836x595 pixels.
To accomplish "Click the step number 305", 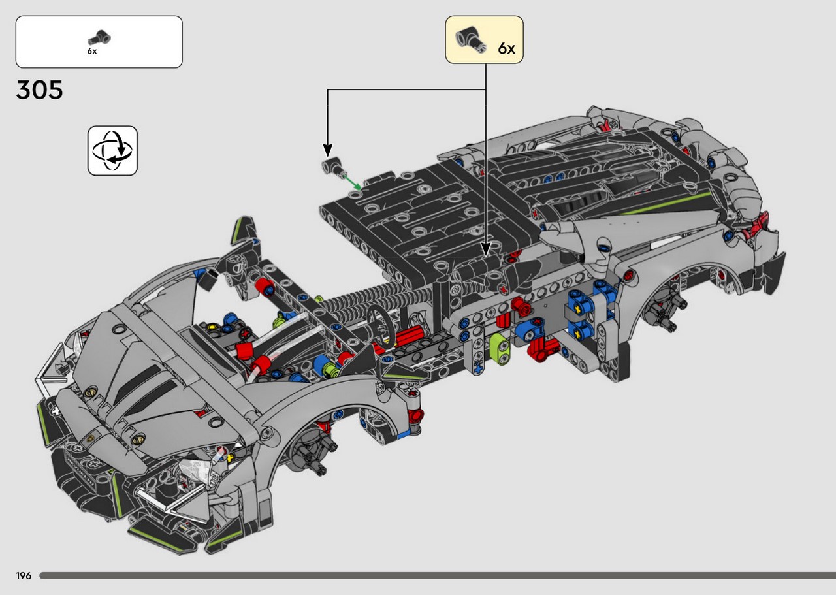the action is pyautogui.click(x=40, y=90).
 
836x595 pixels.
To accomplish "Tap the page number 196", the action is pyautogui.click(x=23, y=576).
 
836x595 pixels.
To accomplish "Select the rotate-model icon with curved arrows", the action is pyautogui.click(x=112, y=151).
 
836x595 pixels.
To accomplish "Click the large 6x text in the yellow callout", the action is pyautogui.click(x=506, y=48).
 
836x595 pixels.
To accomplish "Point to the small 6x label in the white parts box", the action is pyautogui.click(x=92, y=52).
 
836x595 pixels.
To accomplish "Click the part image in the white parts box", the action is pyautogui.click(x=100, y=37).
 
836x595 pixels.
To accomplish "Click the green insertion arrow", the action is pyautogui.click(x=352, y=182).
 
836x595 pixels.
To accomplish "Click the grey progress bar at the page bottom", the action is pyautogui.click(x=438, y=576).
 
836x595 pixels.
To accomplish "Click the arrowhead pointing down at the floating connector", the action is pyautogui.click(x=327, y=150).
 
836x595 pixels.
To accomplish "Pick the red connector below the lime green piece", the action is pyautogui.click(x=543, y=347).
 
